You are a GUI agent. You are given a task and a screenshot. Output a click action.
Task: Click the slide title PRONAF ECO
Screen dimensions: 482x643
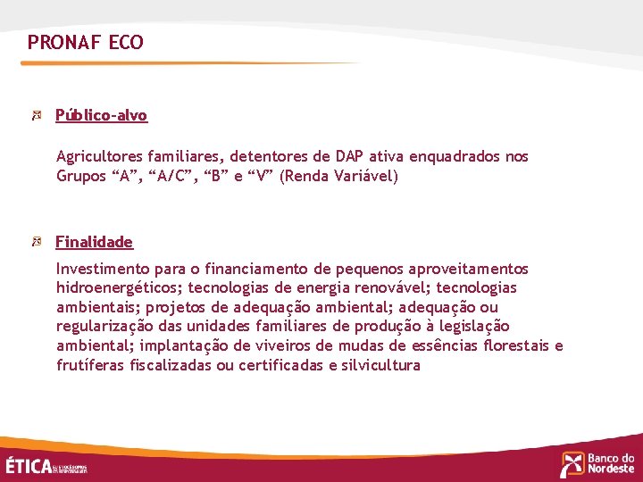point(85,42)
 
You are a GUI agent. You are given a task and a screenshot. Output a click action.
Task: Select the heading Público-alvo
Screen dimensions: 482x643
point(101,115)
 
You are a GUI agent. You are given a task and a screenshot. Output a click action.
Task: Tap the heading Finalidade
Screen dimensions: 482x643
point(94,242)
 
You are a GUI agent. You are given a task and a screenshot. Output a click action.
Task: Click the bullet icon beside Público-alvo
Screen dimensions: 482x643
point(37,115)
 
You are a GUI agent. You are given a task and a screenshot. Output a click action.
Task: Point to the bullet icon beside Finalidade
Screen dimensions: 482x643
point(37,242)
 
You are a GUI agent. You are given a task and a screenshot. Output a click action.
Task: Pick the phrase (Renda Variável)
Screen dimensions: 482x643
point(338,176)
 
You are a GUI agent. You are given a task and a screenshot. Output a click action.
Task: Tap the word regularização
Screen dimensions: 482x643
point(104,327)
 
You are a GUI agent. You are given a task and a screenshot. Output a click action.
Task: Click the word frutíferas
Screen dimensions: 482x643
point(90,365)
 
